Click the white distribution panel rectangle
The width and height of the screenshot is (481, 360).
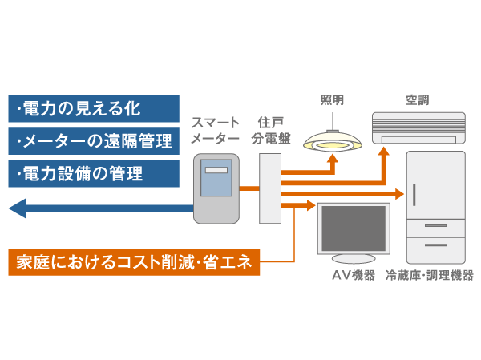(270, 188)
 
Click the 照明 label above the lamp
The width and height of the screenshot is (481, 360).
(333, 100)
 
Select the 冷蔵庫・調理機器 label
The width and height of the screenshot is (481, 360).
(430, 276)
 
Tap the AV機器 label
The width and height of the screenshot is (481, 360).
(353, 276)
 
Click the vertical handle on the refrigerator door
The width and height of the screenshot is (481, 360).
(415, 192)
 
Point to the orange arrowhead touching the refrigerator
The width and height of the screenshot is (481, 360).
(400, 194)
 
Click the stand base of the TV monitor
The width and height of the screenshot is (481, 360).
(354, 260)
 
